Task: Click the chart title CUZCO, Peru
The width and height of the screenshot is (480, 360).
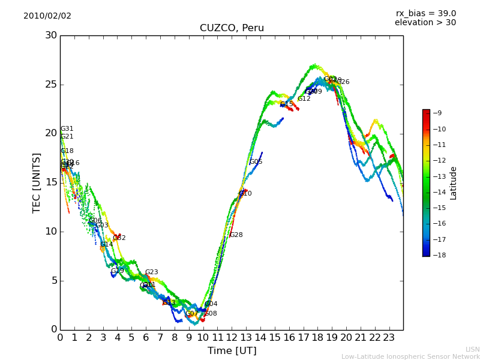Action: coord(232,28)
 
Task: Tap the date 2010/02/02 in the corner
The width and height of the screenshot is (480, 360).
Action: coord(47,16)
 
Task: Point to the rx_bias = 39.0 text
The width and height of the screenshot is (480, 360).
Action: coord(425,14)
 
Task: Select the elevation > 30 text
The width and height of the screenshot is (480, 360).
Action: coord(425,23)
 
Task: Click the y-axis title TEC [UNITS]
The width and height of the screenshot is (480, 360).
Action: coord(37,182)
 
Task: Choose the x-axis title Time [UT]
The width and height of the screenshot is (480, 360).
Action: coord(232,350)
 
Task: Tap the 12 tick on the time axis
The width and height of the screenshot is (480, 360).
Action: coord(232,338)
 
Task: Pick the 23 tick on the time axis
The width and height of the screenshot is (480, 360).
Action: coord(389,338)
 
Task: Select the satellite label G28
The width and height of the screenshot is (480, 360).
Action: coord(236,235)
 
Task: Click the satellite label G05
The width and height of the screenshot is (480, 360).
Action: coord(256,162)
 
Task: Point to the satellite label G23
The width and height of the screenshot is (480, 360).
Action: coord(152,272)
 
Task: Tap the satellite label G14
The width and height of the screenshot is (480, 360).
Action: coord(107,245)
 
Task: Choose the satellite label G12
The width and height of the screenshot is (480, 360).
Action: coord(304,99)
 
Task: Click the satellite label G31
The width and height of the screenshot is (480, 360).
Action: coord(67,129)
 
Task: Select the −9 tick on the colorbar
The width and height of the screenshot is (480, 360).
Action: coord(438,113)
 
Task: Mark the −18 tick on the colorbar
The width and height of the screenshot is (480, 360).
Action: coord(438,255)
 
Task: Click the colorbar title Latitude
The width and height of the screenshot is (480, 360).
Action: coord(454,183)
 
